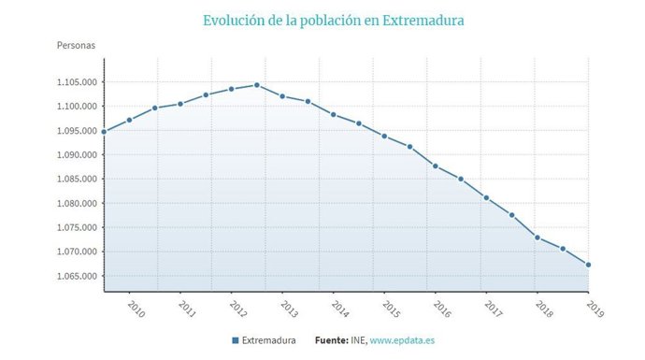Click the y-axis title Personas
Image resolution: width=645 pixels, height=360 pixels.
[x=77, y=44]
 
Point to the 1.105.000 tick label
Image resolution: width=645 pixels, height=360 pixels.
[x=76, y=82]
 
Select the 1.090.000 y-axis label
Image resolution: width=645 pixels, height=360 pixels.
[x=76, y=155]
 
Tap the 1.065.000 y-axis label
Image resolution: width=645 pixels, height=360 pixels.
[x=76, y=277]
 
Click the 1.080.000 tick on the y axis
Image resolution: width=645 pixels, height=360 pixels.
[x=76, y=204]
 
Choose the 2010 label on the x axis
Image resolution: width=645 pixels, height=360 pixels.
[x=136, y=309]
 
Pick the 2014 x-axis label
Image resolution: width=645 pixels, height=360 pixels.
[x=339, y=309]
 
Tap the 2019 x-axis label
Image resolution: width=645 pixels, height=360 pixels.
[x=594, y=309]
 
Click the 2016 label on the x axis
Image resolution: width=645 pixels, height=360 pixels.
[x=441, y=309]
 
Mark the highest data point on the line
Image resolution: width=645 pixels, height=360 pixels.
[x=257, y=85]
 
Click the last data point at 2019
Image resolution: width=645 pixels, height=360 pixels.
[x=588, y=265]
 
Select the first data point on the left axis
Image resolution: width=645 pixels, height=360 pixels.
[x=104, y=132]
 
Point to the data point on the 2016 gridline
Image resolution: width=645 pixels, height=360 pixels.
[x=436, y=166]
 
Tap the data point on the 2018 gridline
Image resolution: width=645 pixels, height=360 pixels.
[x=537, y=238]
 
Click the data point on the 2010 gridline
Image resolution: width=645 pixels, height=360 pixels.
[x=129, y=120]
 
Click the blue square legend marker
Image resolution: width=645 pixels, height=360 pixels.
[x=235, y=341]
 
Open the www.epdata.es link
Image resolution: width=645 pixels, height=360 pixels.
[x=402, y=341]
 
